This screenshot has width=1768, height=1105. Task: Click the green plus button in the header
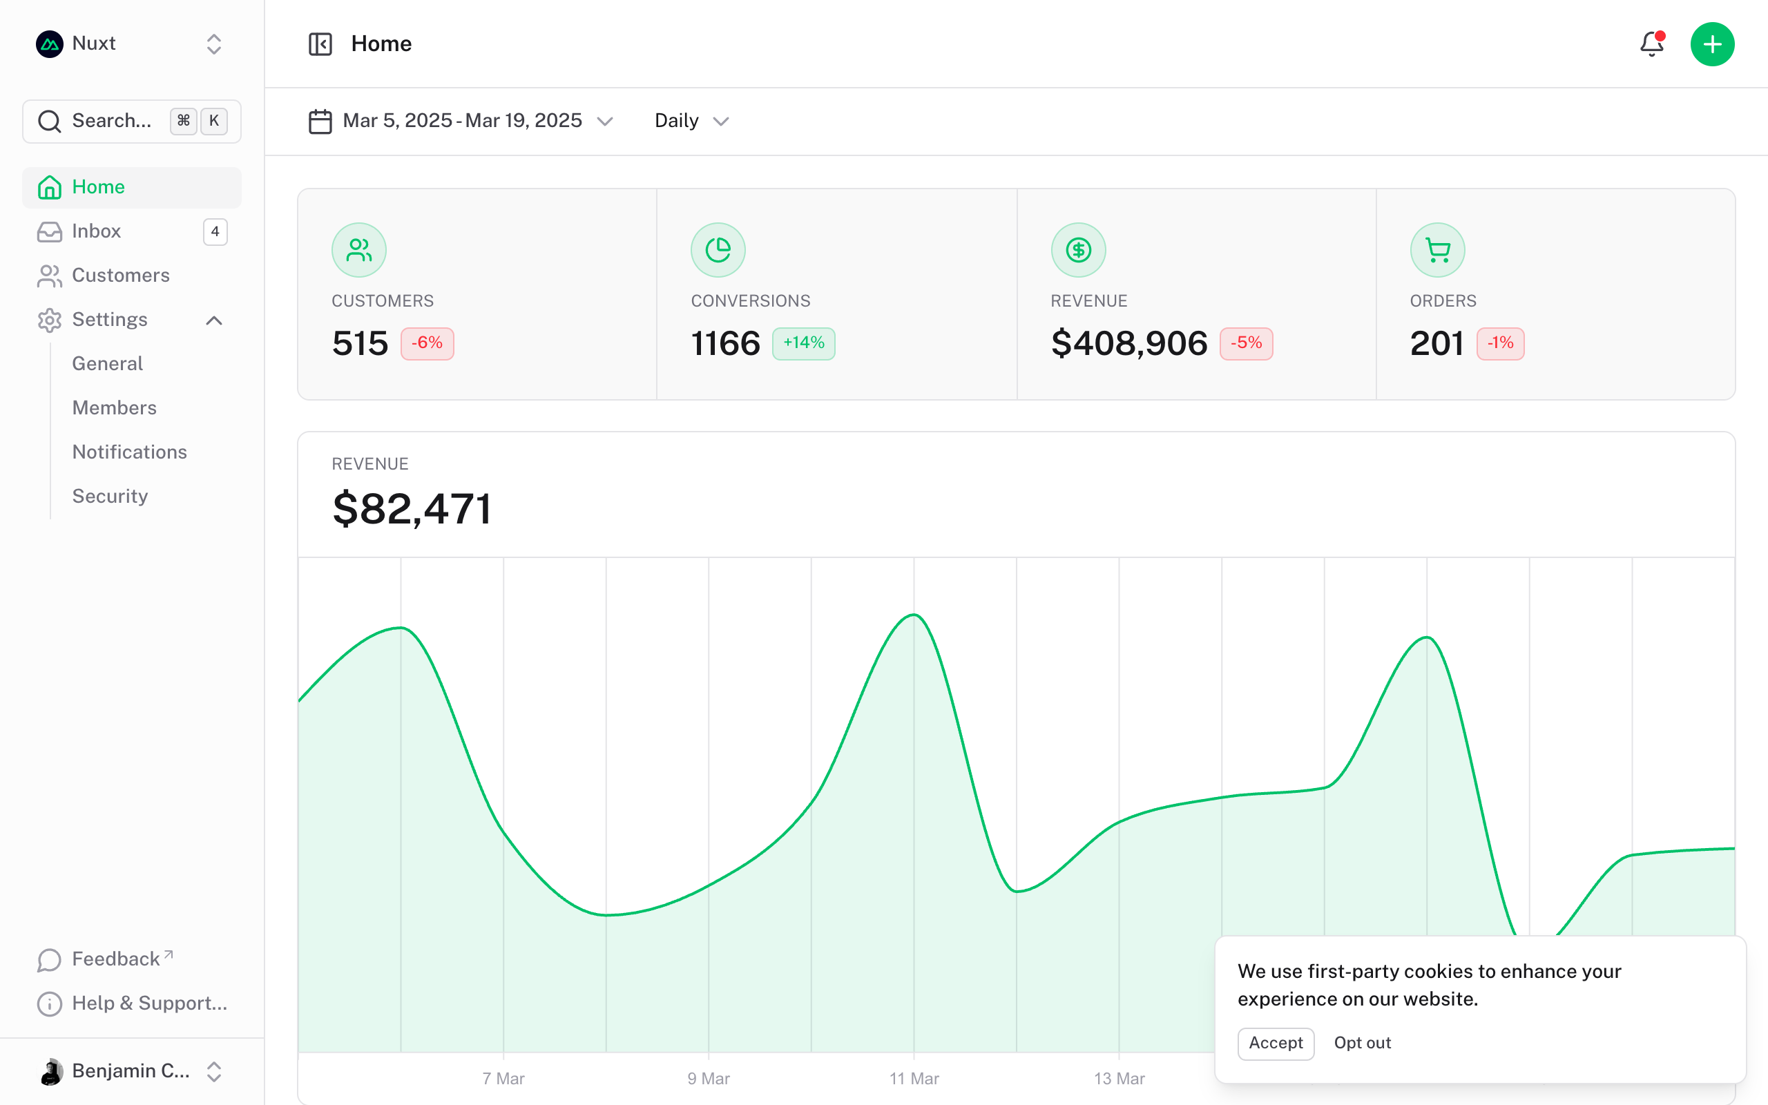[x=1712, y=45]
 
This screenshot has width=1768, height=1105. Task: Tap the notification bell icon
[x=1651, y=45]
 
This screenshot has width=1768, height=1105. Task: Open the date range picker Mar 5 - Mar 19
[x=460, y=121]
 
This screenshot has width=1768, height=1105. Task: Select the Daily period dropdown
[x=691, y=121]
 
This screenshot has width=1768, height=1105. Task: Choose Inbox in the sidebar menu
[x=97, y=231]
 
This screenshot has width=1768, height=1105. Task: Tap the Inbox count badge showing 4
[x=215, y=231]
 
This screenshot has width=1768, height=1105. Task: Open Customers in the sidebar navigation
[x=121, y=276]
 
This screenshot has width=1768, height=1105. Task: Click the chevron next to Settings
[x=214, y=320]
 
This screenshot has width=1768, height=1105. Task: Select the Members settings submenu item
[x=114, y=407]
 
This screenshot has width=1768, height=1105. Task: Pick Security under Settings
[x=110, y=497]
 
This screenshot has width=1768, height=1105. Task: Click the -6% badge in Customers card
[x=427, y=343]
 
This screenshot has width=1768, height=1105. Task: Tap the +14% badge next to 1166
[x=803, y=343]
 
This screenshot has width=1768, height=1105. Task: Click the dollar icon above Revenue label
[x=1078, y=250]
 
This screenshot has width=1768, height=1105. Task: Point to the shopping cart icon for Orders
[x=1437, y=250]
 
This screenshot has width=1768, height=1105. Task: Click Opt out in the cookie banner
[x=1362, y=1043]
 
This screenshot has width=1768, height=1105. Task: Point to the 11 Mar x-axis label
[x=914, y=1079]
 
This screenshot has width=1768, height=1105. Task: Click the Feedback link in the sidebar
[x=115, y=959]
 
